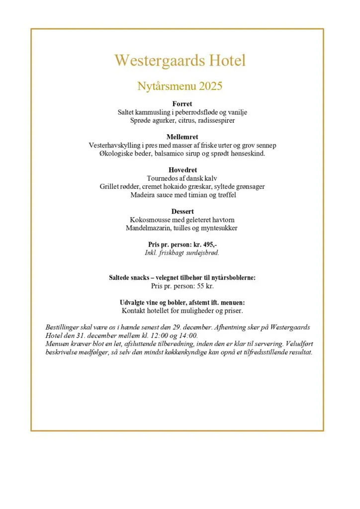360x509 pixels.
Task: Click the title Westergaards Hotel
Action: (x=180, y=61)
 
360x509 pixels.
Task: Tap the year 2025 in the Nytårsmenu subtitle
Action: (x=210, y=86)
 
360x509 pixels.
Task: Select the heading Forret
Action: (x=182, y=104)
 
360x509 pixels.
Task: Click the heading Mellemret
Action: (x=182, y=137)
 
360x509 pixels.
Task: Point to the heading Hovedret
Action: (x=182, y=170)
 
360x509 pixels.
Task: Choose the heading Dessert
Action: (x=182, y=211)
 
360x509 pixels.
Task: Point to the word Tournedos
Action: (x=163, y=178)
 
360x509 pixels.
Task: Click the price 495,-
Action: (x=206, y=245)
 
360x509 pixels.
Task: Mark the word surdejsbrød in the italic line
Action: (x=200, y=253)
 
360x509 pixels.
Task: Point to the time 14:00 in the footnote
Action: (x=188, y=335)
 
